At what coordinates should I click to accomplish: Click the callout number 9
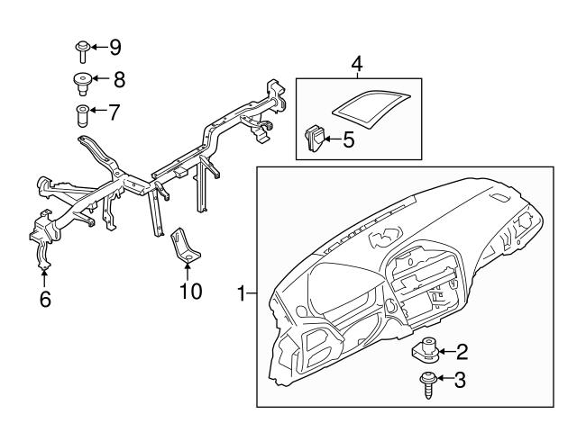click(114, 46)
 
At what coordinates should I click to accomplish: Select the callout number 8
click(118, 79)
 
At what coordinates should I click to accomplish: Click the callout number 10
click(190, 292)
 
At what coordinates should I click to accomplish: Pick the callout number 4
click(357, 64)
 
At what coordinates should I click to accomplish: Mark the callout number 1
click(241, 292)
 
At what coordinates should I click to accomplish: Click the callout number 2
click(460, 350)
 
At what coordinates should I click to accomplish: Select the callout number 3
click(460, 381)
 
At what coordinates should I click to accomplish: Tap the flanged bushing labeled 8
click(81, 83)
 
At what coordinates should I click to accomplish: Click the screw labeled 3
click(426, 384)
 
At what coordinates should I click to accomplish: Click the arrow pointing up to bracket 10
click(188, 270)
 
